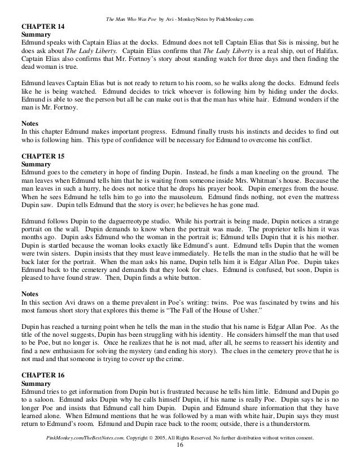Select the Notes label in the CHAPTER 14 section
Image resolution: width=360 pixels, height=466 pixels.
30,120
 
